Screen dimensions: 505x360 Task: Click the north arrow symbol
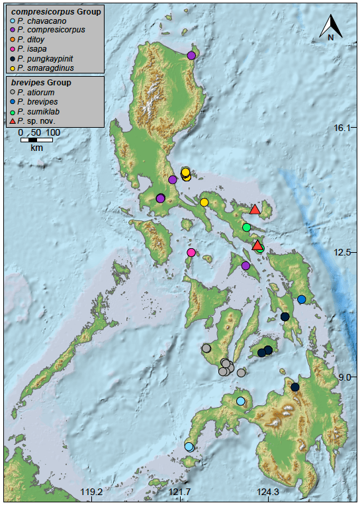(x=330, y=26)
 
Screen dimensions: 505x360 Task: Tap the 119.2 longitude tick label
(x=91, y=492)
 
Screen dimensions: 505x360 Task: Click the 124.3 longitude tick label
(x=269, y=492)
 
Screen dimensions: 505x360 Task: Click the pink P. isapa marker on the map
(x=191, y=252)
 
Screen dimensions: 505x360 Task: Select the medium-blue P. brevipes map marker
(x=301, y=299)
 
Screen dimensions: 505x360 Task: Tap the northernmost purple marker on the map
(x=191, y=56)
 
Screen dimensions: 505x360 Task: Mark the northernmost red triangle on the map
(x=254, y=210)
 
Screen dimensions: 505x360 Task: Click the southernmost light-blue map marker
(x=189, y=447)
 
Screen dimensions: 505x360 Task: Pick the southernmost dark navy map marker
(x=295, y=387)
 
